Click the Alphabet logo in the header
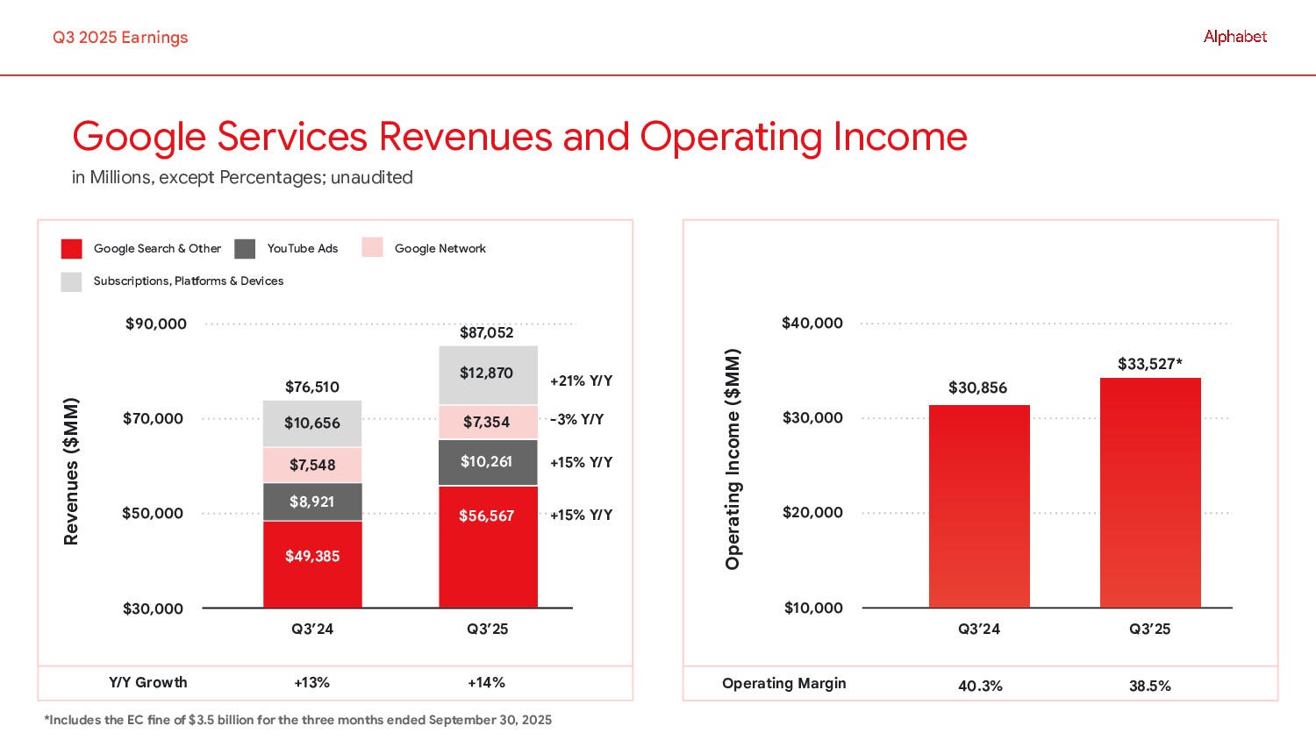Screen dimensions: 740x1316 [1234, 37]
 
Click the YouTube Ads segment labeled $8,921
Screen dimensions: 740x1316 [312, 502]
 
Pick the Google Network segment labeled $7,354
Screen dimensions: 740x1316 [488, 422]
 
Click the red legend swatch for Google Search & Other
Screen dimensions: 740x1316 [71, 249]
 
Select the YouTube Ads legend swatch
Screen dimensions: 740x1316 [245, 249]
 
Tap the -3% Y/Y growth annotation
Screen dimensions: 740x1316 [576, 419]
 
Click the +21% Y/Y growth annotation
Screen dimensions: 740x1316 [581, 381]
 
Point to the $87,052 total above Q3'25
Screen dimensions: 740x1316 [487, 332]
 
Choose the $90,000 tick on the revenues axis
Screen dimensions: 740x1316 [155, 324]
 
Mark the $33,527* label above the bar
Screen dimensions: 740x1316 [1149, 364]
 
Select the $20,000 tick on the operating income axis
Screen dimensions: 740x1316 [812, 512]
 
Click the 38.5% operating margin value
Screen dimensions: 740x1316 [1149, 686]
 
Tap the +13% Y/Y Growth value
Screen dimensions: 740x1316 [311, 682]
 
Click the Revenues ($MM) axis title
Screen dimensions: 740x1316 [72, 471]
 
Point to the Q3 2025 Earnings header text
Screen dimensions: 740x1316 [120, 37]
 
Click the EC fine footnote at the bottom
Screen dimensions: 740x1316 [298, 720]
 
